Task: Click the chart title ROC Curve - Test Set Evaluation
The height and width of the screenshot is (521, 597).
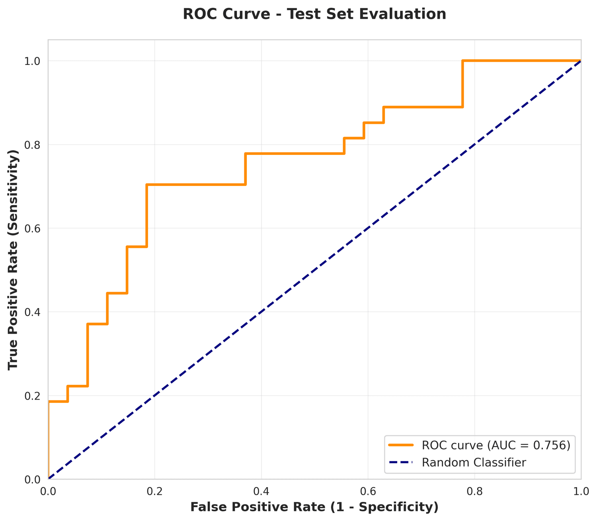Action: tap(314, 14)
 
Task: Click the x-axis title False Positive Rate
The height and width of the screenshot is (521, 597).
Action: tap(314, 507)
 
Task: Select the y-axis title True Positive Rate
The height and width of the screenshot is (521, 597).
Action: tap(14, 260)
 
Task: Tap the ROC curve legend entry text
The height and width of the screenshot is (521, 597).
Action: tap(496, 445)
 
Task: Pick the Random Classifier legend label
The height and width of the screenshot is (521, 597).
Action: tap(474, 462)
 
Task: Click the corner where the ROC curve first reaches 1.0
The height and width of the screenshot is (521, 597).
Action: tap(462, 61)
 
